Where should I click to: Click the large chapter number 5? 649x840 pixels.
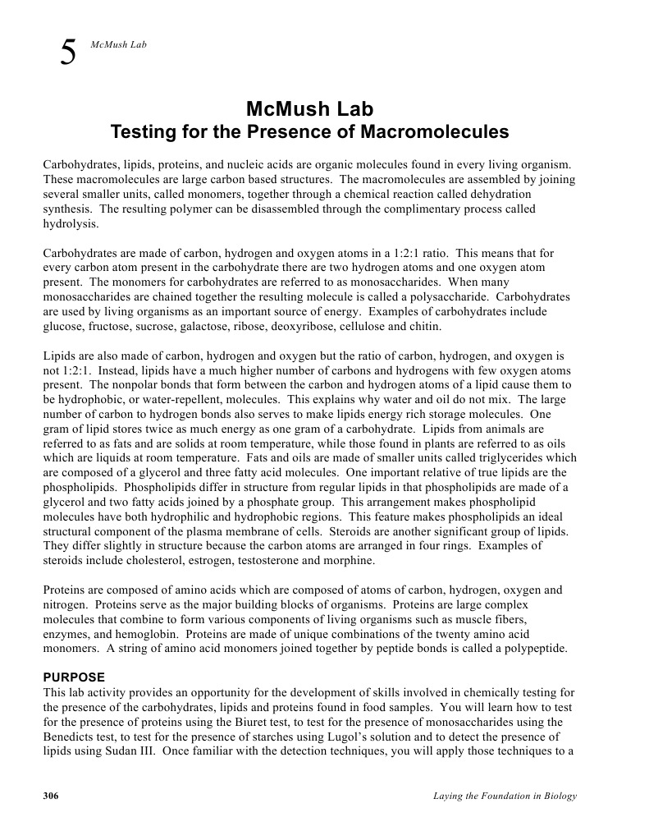[x=69, y=53]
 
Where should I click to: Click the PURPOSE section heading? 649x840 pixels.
[x=74, y=677]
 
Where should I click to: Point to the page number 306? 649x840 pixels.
[x=51, y=796]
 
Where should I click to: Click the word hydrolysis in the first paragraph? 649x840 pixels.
[x=70, y=223]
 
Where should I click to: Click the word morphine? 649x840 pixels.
[x=351, y=561]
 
